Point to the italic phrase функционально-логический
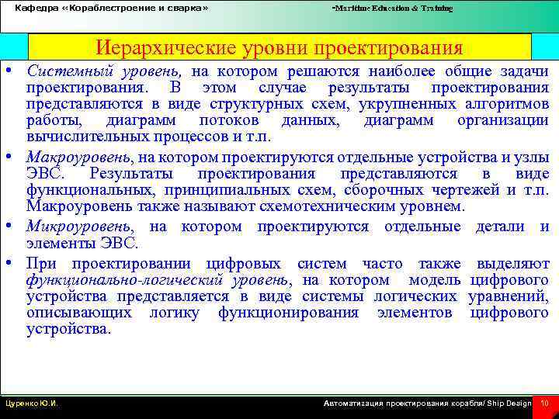point(125,280)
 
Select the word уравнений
point(509,296)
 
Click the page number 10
point(544,403)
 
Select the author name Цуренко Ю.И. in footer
point(33,403)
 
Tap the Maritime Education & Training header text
point(393,8)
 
